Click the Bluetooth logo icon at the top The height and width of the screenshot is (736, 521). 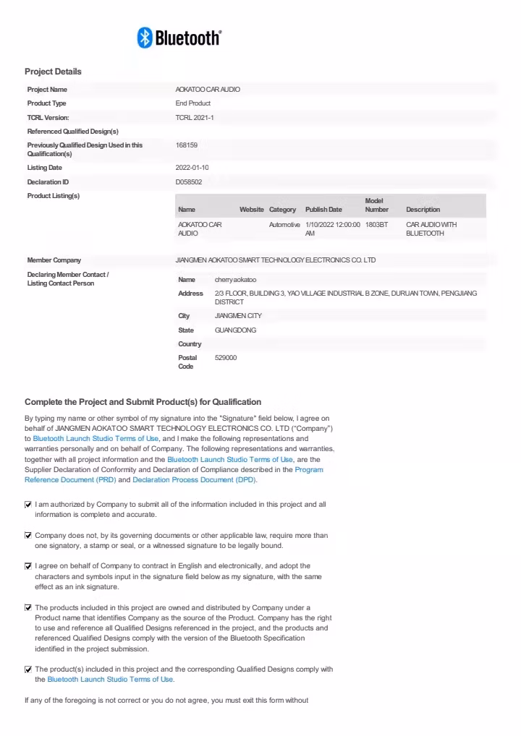pyautogui.click(x=145, y=38)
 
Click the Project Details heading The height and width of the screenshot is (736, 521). pyautogui.click(x=53, y=72)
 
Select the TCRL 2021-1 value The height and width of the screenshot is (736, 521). pyautogui.click(x=195, y=117)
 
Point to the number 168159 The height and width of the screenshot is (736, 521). pyautogui.click(x=187, y=145)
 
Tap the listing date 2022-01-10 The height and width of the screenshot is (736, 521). pyautogui.click(x=192, y=168)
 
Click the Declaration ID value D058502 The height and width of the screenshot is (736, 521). pyautogui.click(x=189, y=182)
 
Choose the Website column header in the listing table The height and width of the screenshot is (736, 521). pyautogui.click(x=252, y=210)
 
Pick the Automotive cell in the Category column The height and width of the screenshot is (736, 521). pyautogui.click(x=284, y=225)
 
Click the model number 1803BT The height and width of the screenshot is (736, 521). pyautogui.click(x=376, y=225)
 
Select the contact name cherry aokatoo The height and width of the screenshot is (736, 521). pyautogui.click(x=235, y=279)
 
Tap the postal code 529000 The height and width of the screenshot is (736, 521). pyautogui.click(x=226, y=358)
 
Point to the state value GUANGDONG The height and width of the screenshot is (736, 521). pyautogui.click(x=235, y=330)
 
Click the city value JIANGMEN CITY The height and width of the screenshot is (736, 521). pyautogui.click(x=238, y=316)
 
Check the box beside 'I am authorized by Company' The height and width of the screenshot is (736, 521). pyautogui.click(x=28, y=505)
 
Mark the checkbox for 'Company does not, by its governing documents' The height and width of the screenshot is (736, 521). pyautogui.click(x=28, y=536)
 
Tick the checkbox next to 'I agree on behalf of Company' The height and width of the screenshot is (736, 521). pyautogui.click(x=28, y=566)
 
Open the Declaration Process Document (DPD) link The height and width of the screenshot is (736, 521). pyautogui.click(x=194, y=480)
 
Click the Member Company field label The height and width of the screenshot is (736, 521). pyautogui.click(x=54, y=260)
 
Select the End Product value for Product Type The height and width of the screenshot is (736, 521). pyautogui.click(x=192, y=103)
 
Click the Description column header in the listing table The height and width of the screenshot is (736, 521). pyautogui.click(x=423, y=210)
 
